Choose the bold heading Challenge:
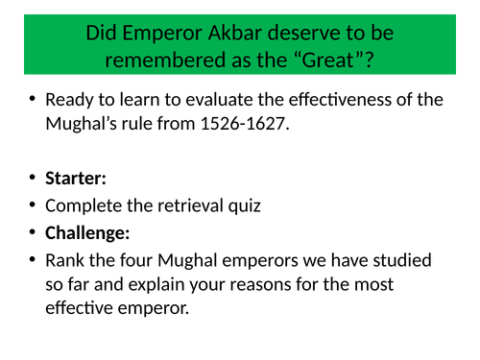[86, 232]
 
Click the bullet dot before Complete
[33, 205]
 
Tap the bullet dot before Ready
[33, 100]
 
